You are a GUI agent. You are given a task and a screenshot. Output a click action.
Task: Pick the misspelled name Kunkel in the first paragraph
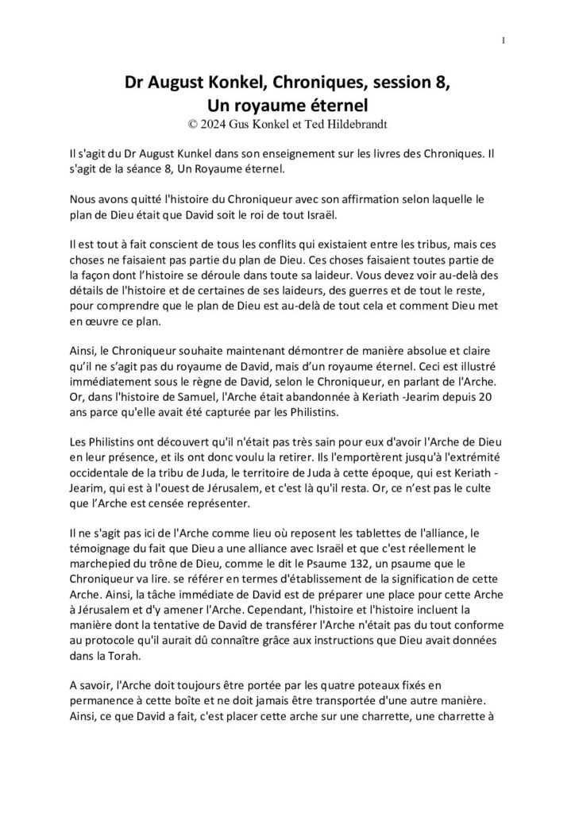(228, 151)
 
